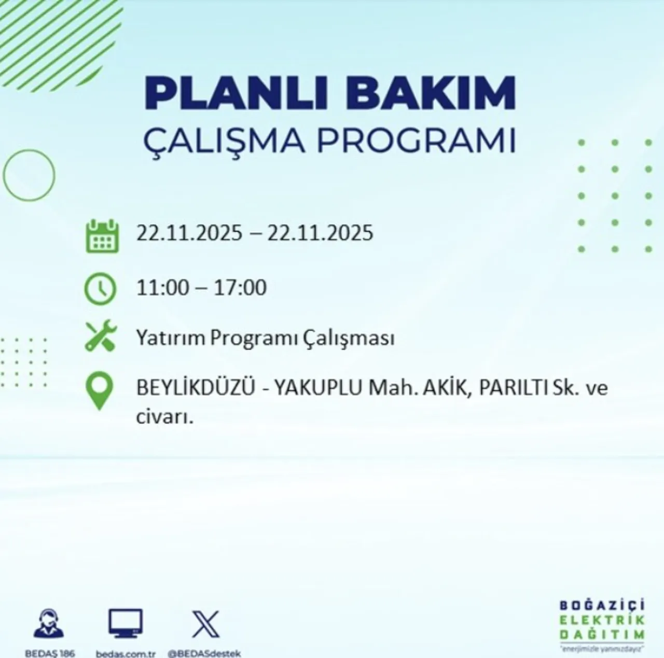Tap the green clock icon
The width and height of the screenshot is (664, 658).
coord(100,288)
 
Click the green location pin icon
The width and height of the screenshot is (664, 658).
coord(99,393)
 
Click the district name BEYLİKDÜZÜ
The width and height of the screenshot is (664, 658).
coord(196,388)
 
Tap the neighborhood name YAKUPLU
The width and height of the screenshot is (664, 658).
coord(318,388)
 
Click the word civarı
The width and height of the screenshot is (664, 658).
coord(164,416)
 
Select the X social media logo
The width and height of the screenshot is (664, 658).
coord(205,624)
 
